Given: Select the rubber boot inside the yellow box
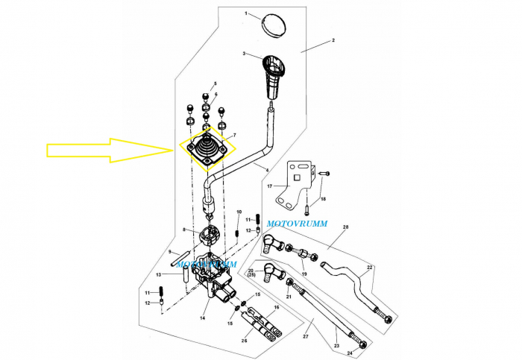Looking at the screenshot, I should (206, 145).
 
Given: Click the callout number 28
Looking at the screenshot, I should (345, 227).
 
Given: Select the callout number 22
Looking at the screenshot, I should (369, 267).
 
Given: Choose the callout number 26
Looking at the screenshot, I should (244, 341).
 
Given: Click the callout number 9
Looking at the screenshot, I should (169, 252).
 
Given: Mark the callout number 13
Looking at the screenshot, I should (159, 274).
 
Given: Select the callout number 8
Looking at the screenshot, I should (184, 231).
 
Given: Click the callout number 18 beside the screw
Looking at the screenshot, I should (323, 199).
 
